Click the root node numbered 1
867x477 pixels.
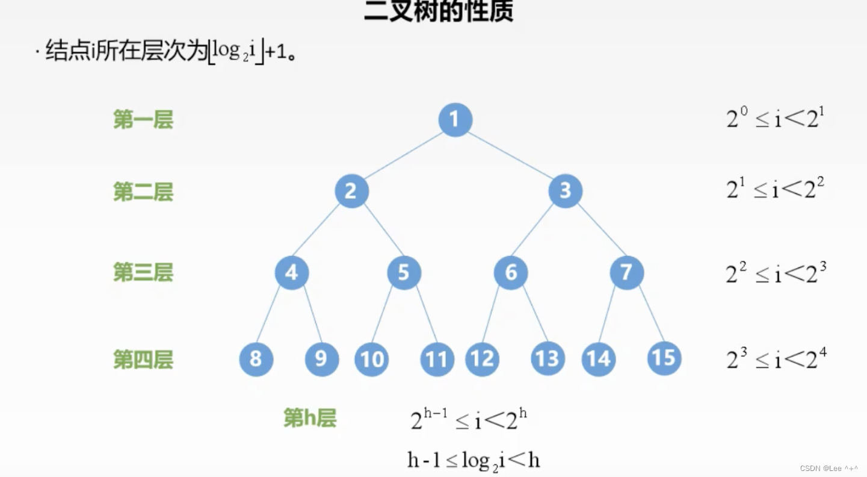[455, 119]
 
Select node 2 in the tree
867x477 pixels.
[351, 191]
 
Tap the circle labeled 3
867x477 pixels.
[565, 191]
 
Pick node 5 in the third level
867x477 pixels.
[404, 272]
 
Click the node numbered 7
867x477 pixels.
[626, 272]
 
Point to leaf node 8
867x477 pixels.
[256, 359]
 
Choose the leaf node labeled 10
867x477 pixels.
[371, 359]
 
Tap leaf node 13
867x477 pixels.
[548, 359]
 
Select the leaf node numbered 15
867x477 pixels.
[664, 358]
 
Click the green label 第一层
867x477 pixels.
[143, 120]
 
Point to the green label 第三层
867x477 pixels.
[143, 272]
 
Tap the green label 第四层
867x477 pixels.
[143, 360]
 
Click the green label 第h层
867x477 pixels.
[309, 417]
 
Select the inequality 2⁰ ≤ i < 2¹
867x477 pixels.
[774, 119]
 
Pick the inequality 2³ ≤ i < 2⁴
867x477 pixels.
[776, 359]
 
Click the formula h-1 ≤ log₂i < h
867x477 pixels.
[474, 461]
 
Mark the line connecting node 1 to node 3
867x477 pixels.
[510, 155]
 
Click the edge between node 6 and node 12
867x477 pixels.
[491, 315]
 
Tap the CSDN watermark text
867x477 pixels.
[828, 468]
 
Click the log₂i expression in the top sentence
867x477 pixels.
[235, 52]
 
